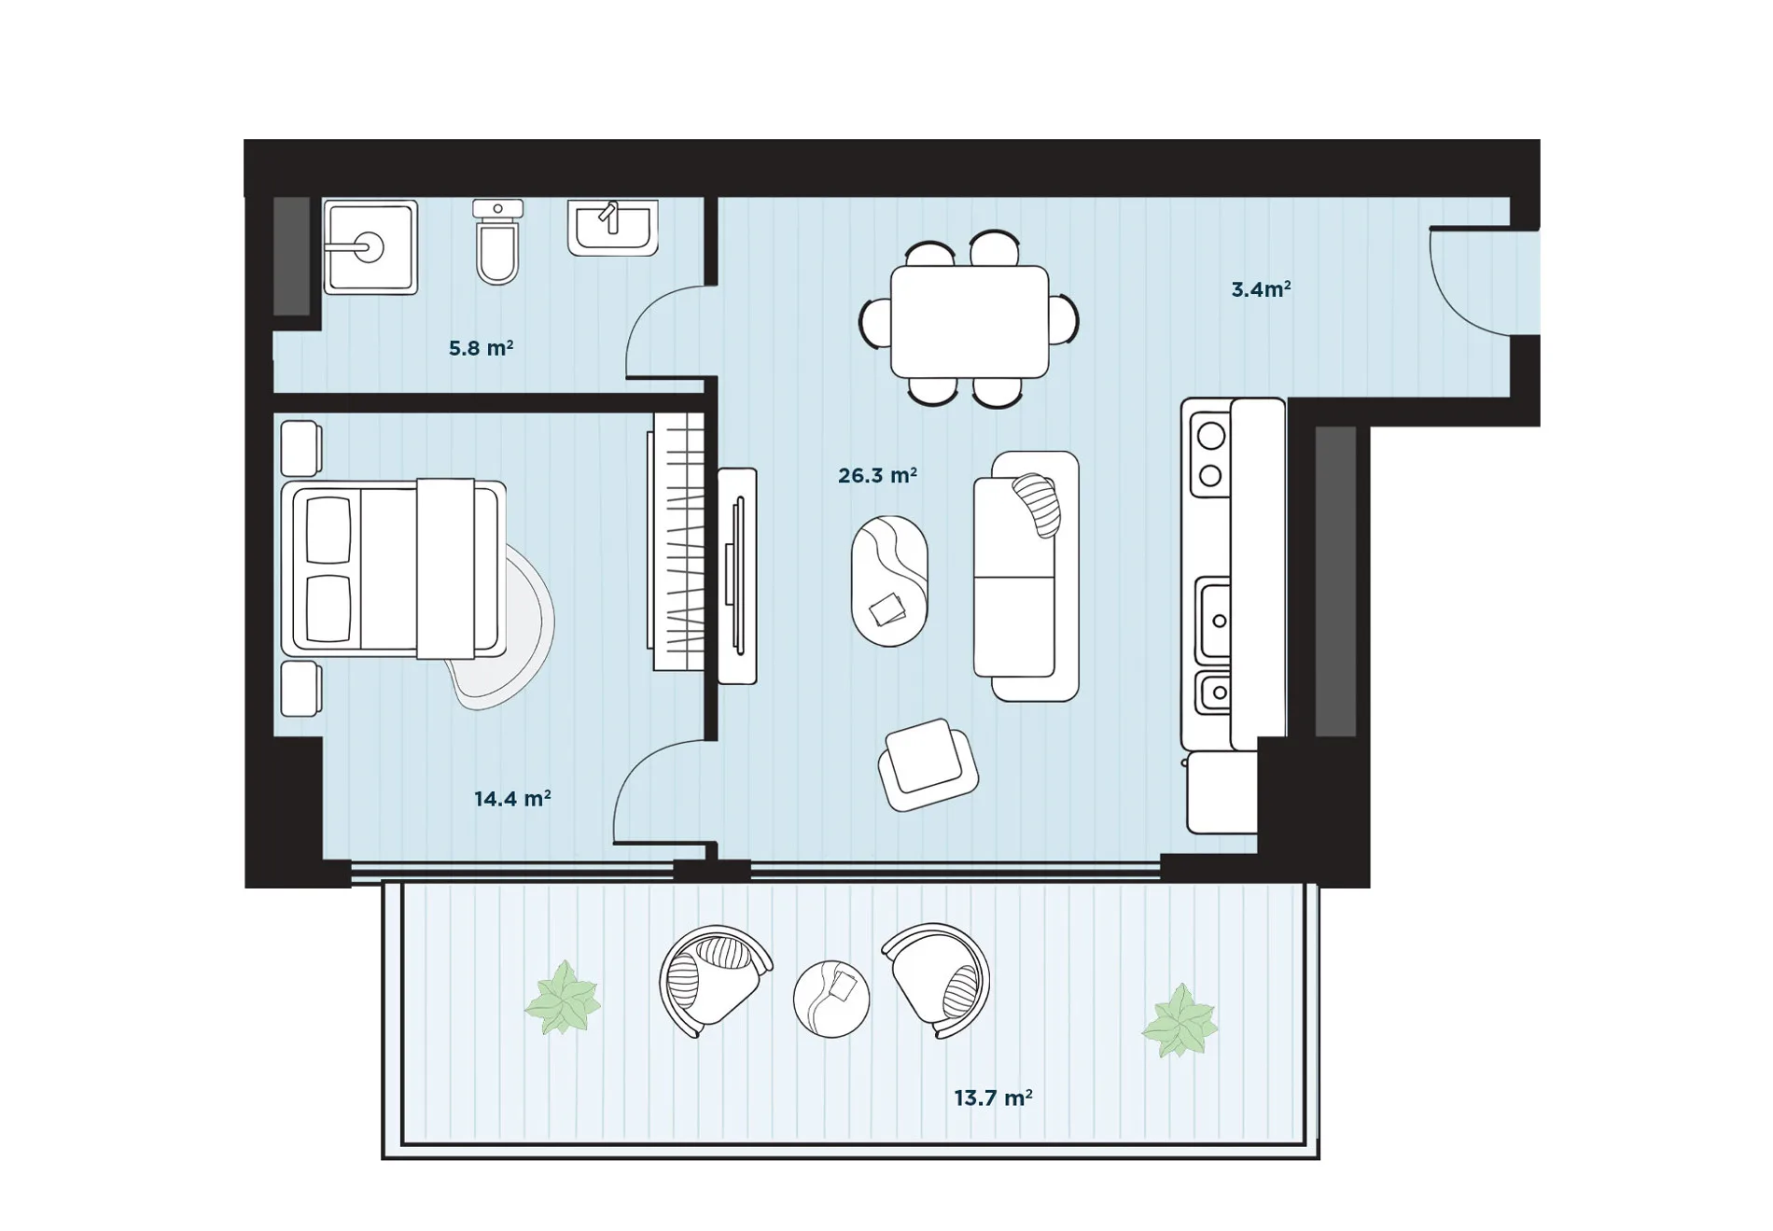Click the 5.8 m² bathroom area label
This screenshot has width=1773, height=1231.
tap(481, 348)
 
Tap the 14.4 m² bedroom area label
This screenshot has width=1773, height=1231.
tap(512, 799)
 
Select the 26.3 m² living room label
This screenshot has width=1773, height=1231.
tap(877, 476)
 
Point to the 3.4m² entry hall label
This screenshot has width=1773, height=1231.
tap(1261, 289)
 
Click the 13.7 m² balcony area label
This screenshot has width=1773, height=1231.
tap(993, 1098)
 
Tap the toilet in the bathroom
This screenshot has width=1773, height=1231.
tap(497, 241)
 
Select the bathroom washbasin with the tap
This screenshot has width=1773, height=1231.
tap(613, 228)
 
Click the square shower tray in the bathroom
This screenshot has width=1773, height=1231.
tap(370, 247)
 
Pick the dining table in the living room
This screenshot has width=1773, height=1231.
tap(970, 322)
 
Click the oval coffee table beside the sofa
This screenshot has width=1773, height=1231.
tap(889, 581)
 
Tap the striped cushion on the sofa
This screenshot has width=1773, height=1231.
tap(1038, 504)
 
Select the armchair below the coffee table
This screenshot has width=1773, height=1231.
tap(928, 764)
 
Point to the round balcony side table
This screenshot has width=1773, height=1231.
tap(831, 999)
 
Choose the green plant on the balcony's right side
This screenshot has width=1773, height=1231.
tap(1180, 1021)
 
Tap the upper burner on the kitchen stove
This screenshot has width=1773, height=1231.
tap(1211, 436)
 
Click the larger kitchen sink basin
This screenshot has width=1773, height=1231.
tap(1214, 620)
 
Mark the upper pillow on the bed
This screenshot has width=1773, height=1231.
tap(328, 530)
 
